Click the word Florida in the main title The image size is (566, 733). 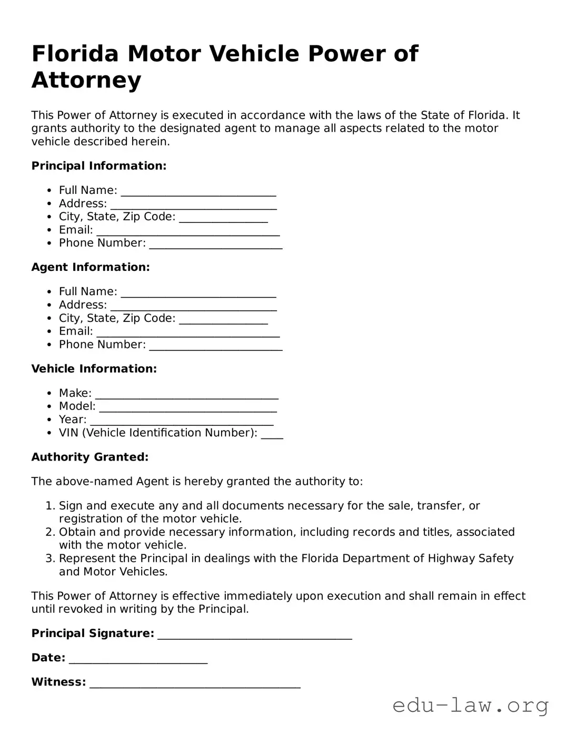[75, 54]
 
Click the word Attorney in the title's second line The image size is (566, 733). [86, 80]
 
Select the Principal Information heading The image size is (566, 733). [99, 166]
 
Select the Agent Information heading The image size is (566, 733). [91, 267]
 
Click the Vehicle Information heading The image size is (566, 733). [94, 369]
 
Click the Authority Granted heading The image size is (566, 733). [90, 457]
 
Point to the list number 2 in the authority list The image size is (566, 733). [50, 532]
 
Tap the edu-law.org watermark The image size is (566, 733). [470, 705]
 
